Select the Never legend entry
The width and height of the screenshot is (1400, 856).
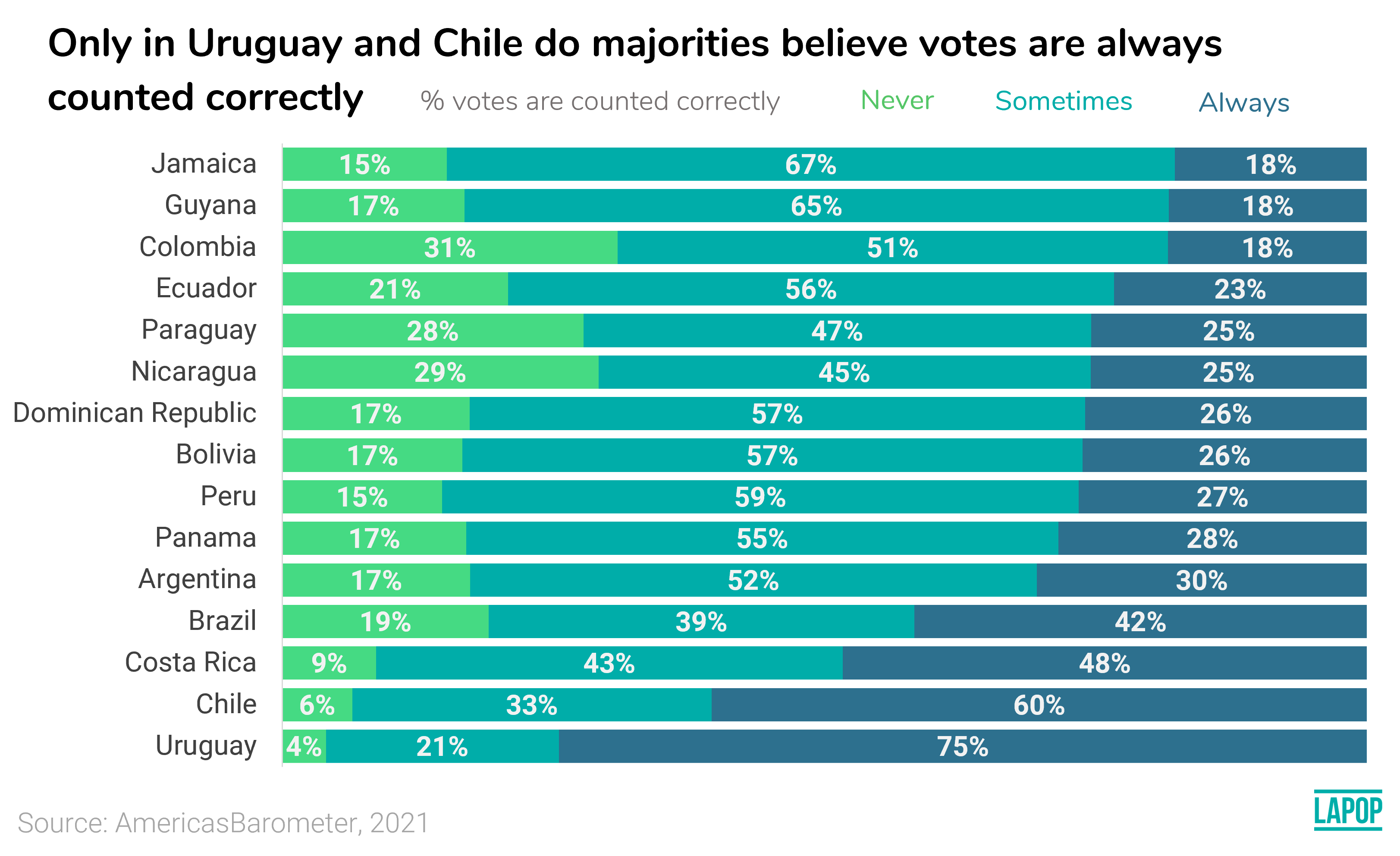click(897, 101)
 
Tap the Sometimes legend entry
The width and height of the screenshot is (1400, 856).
click(1063, 101)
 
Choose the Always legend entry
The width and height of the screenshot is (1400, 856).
click(1244, 103)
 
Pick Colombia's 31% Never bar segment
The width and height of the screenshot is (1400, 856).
click(449, 248)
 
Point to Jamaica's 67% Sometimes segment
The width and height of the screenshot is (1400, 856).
click(810, 165)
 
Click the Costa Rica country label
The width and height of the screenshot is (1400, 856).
click(190, 662)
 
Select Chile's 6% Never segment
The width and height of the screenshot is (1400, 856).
click(317, 705)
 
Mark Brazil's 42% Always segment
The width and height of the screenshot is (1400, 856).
click(1140, 622)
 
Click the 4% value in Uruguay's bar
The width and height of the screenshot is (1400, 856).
click(303, 746)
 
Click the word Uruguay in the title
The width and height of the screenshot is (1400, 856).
click(264, 43)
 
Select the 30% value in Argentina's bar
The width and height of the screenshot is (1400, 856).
click(1201, 580)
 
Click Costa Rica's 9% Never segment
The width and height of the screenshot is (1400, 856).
click(329, 663)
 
